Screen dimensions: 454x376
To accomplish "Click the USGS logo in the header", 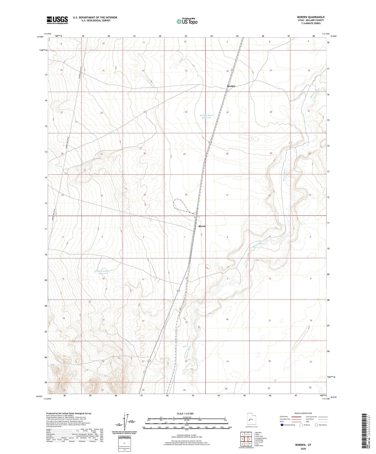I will pyautogui.click(x=57, y=20).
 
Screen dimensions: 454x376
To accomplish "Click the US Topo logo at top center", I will pyautogui.click(x=187, y=22).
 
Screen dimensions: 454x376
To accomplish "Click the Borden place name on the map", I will pyautogui.click(x=231, y=86).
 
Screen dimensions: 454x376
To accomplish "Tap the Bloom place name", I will pyautogui.click(x=202, y=226).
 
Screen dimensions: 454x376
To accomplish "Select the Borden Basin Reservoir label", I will pyautogui.click(x=206, y=116).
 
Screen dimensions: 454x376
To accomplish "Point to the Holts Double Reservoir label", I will pyautogui.click(x=103, y=272).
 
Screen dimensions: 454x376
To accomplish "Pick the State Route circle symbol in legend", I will pyautogui.click(x=316, y=425).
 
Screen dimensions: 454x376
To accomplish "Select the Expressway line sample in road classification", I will pyautogui.click(x=296, y=417).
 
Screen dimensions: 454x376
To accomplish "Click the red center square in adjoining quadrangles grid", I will pyautogui.click(x=246, y=439).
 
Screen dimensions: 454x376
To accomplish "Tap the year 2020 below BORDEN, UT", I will pyautogui.click(x=302, y=448).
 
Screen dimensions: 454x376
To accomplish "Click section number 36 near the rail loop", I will pyautogui.click(x=186, y=195).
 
